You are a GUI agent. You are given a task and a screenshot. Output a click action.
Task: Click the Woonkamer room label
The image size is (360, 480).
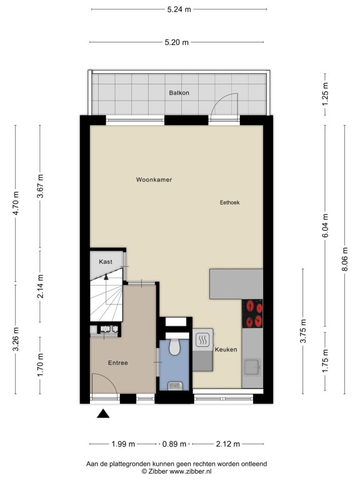click(154, 180)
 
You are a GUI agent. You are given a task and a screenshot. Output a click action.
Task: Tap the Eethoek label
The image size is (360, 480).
click(229, 202)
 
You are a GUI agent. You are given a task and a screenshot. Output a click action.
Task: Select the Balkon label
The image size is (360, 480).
click(179, 92)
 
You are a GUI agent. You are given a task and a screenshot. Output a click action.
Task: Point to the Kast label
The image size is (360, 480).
click(106, 262)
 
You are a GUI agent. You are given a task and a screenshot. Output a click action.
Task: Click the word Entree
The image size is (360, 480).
click(118, 362)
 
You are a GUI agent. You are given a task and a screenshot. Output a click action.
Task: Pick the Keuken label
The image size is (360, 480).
click(226, 349)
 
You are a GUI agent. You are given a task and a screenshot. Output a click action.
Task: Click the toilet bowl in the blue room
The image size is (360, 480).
click(174, 347)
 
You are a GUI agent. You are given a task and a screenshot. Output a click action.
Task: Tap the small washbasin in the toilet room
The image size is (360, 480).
click(175, 386)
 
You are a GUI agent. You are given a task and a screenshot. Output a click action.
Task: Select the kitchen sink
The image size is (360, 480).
click(252, 367)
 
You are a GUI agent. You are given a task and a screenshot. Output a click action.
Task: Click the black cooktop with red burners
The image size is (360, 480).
click(252, 314)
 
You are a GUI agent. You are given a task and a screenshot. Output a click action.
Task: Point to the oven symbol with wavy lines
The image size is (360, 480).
click(202, 339)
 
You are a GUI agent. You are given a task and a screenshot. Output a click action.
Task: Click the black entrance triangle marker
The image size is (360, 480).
click(103, 414)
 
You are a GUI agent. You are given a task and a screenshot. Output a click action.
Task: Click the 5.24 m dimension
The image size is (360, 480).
click(179, 9)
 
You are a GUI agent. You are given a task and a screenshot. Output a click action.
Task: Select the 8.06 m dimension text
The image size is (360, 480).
click(345, 259)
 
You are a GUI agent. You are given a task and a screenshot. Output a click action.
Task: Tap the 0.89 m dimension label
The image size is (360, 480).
click(174, 444)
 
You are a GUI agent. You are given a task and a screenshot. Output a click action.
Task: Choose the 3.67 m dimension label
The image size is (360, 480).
click(40, 186)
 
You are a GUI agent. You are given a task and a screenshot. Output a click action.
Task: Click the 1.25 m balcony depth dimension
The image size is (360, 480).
click(325, 94)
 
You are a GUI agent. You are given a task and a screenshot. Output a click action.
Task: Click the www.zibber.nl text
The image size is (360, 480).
click(191, 471)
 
